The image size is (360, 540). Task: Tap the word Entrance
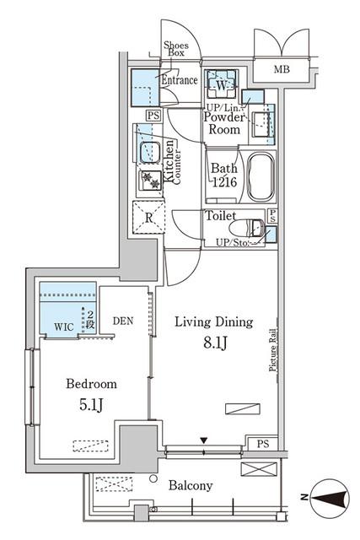coord(179,81)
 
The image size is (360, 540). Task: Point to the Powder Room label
coord(223,124)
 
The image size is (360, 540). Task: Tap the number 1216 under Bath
coord(222,183)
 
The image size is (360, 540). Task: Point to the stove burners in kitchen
coord(151,180)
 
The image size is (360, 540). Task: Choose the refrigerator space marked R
coord(149,217)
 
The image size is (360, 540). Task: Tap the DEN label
coord(123,321)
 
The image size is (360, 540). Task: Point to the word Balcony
coord(190,486)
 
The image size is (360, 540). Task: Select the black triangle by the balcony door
coord(203,440)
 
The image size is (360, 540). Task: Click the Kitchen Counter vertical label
coord(173,162)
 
